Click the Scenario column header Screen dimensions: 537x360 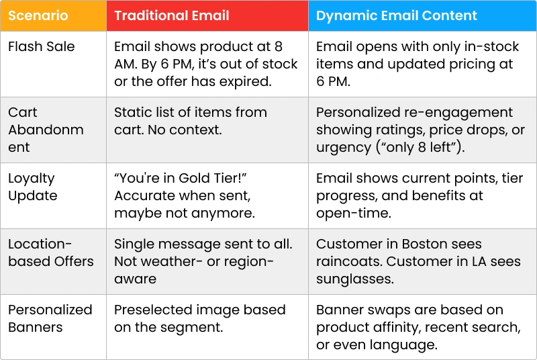pyautogui.click(x=38, y=15)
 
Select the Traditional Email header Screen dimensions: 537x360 pyautogui.click(x=172, y=15)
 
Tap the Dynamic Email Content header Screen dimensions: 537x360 pyautogui.click(x=396, y=15)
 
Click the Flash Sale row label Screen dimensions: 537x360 pyautogui.click(x=42, y=46)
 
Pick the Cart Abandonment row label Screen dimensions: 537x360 pyautogui.click(x=46, y=130)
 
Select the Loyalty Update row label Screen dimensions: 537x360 pyautogui.click(x=33, y=187)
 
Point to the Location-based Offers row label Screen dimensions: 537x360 pyautogui.click(x=51, y=253)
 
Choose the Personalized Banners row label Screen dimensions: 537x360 pyautogui.click(x=50, y=318)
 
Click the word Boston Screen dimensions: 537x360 pyautogui.click(x=424, y=244)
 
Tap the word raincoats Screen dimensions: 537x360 pyautogui.click(x=348, y=262)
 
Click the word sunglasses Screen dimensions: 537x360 pyautogui.click(x=355, y=279)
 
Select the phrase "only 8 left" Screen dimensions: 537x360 pyautogui.click(x=420, y=147)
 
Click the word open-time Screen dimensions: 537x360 pyautogui.click(x=354, y=214)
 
